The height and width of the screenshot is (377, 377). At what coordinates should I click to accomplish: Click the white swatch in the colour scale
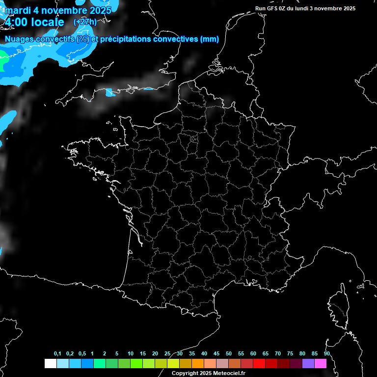pyautogui.click(x=50, y=363)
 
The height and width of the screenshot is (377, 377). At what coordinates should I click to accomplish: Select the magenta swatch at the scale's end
pyautogui.click(x=321, y=363)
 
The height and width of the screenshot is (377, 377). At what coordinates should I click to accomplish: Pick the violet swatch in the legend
pyautogui.click(x=308, y=363)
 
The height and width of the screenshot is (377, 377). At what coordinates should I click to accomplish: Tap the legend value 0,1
pyautogui.click(x=57, y=354)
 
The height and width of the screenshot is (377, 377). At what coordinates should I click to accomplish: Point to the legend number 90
pyautogui.click(x=326, y=354)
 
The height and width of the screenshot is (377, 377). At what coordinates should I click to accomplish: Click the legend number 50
pyautogui.click(x=229, y=354)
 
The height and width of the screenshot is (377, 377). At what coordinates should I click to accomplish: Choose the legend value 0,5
pyautogui.click(x=82, y=354)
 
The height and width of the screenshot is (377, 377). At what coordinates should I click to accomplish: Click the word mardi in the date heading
pyautogui.click(x=17, y=10)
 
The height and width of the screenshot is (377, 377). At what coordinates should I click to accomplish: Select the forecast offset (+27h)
pyautogui.click(x=85, y=22)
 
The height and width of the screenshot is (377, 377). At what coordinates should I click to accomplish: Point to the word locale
pyautogui.click(x=48, y=22)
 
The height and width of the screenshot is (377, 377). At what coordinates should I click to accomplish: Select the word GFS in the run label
pyautogui.click(x=272, y=8)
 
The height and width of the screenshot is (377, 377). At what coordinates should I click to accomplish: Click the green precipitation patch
pyautogui.click(x=3, y=63)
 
